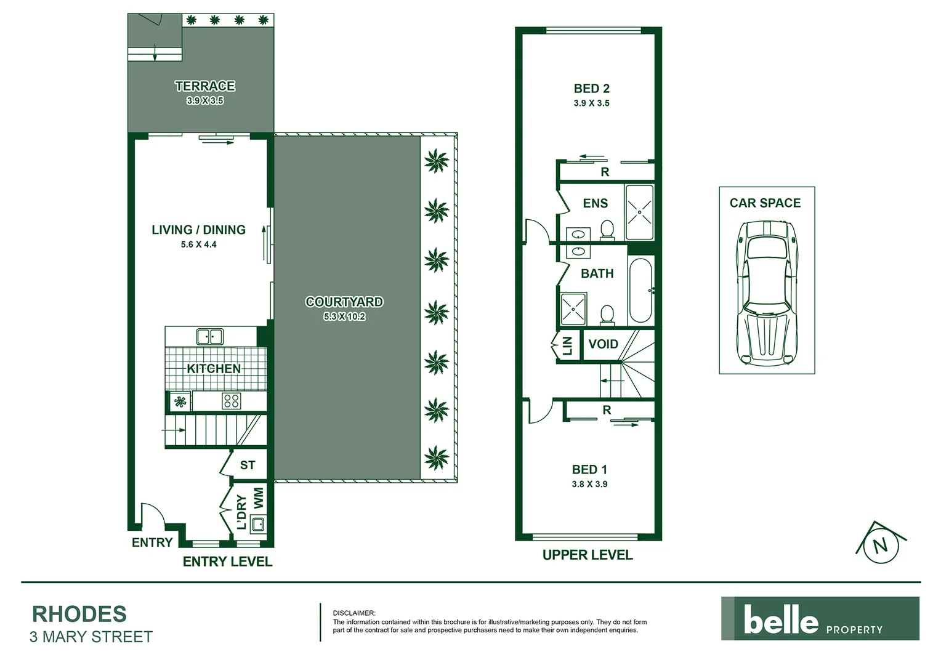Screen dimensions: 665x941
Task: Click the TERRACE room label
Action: (204, 86)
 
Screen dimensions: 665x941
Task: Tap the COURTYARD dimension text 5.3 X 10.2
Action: (344, 316)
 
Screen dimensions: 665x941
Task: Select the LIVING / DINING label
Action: (198, 230)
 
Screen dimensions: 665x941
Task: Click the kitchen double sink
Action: (210, 336)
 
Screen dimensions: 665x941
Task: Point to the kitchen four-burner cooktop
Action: (232, 401)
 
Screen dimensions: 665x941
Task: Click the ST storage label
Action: (248, 465)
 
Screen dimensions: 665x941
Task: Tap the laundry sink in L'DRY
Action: (258, 525)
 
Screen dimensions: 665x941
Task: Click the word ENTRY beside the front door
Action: (152, 542)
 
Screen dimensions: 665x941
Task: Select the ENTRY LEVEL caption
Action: (227, 562)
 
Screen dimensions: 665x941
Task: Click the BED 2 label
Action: (591, 89)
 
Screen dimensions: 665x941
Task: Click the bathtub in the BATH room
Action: (640, 291)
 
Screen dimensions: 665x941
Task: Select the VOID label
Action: (603, 344)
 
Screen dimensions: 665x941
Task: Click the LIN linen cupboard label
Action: (568, 346)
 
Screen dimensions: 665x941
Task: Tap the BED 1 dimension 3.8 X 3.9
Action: (589, 484)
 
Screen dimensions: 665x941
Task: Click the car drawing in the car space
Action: (767, 292)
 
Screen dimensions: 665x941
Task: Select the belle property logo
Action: (820, 619)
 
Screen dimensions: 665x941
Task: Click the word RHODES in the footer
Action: (79, 614)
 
